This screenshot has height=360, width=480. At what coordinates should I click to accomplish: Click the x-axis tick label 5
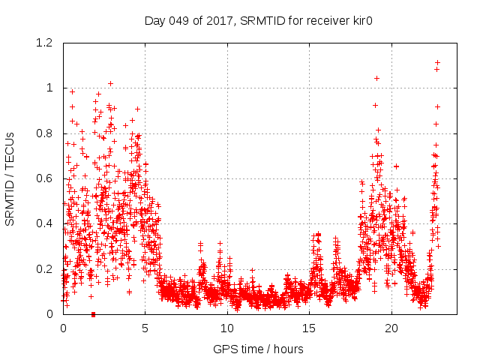click(x=145, y=328)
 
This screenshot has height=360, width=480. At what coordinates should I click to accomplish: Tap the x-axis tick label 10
click(x=227, y=328)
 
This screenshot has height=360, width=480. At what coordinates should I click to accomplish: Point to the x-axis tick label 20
click(x=391, y=328)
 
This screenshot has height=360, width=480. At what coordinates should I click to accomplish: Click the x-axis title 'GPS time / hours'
click(x=258, y=349)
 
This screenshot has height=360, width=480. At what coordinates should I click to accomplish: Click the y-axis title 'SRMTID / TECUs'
click(x=10, y=178)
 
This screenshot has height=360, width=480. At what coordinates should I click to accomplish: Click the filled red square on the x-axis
click(x=93, y=314)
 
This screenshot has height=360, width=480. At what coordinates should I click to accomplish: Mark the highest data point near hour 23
click(x=437, y=62)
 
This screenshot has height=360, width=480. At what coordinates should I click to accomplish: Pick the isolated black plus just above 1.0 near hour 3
click(x=110, y=83)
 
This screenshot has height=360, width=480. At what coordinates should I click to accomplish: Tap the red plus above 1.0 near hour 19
click(x=376, y=78)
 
